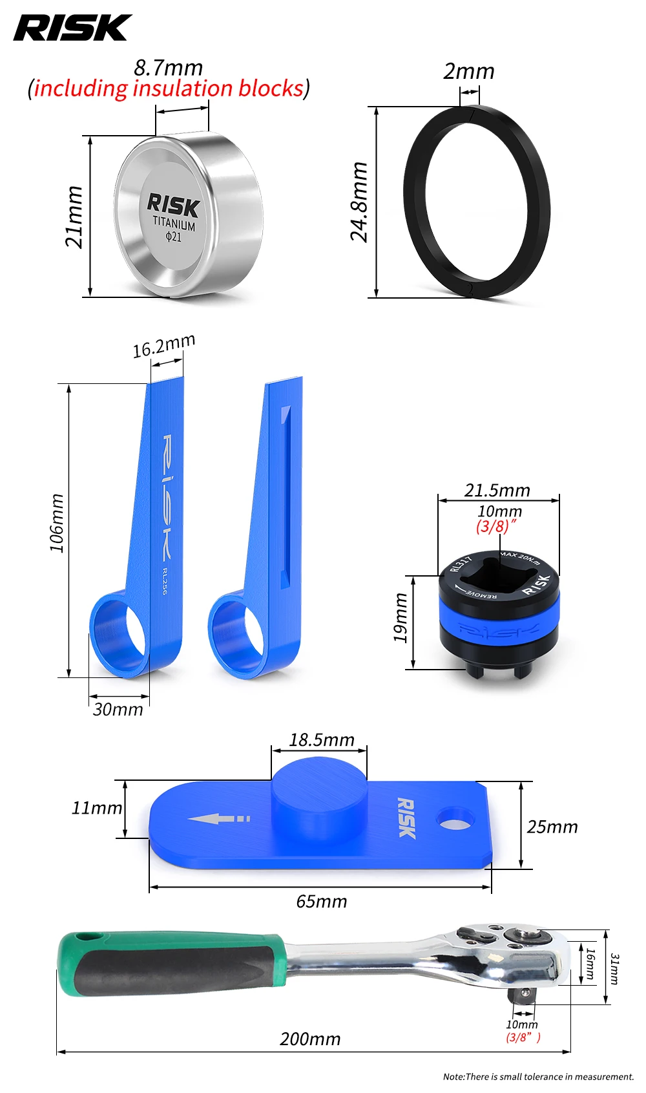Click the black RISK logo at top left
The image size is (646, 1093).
point(72,28)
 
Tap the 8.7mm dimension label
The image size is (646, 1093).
point(168,68)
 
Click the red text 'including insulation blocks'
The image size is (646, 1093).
point(169,89)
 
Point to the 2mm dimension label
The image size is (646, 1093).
point(468,71)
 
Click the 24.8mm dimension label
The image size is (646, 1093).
point(359,202)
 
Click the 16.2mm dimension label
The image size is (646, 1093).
point(164,345)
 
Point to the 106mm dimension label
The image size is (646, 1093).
point(57,523)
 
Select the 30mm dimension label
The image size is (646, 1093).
point(118,710)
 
